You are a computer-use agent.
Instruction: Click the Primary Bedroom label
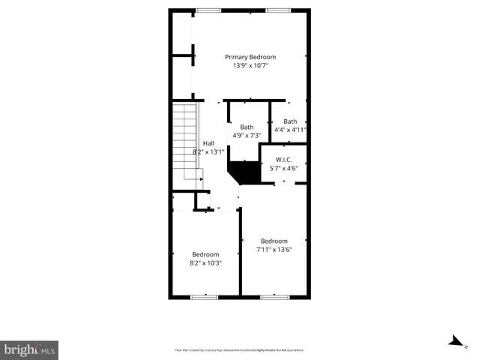tap(250, 57)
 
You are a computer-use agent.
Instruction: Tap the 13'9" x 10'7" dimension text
tap(250, 66)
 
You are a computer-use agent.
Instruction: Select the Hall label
tap(208, 143)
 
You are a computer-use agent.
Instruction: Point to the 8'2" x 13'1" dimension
tap(208, 151)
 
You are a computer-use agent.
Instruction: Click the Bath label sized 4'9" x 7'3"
tap(247, 127)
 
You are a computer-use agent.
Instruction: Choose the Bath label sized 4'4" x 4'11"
tap(290, 121)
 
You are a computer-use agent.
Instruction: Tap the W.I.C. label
tap(283, 160)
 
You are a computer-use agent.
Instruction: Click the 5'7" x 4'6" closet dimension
tap(283, 169)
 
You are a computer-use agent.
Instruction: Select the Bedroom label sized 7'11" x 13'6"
tap(274, 241)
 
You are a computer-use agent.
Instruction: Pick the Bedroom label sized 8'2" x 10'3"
tap(205, 254)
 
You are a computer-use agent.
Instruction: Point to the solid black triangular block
tap(242, 172)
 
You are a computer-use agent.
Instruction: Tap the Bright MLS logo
tap(29, 349)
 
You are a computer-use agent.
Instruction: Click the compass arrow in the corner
tap(454, 341)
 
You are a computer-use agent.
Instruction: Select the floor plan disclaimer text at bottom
tap(239, 349)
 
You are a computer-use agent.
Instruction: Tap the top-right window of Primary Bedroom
tap(278, 10)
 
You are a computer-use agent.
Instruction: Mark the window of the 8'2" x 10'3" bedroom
tap(203, 298)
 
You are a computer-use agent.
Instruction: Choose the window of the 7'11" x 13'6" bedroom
tap(274, 298)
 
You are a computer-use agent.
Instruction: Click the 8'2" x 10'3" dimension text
tap(205, 263)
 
